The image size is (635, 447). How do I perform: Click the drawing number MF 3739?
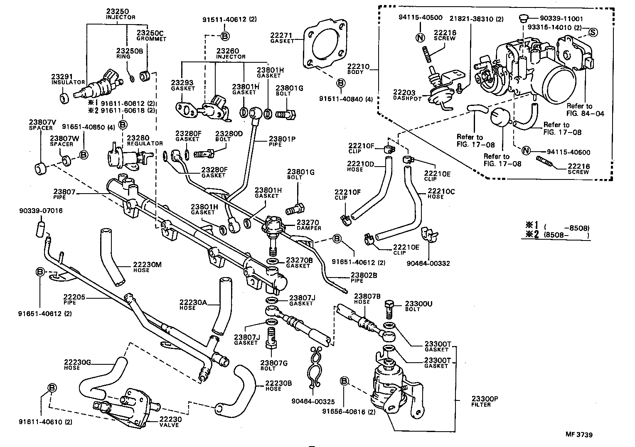click(x=578, y=435)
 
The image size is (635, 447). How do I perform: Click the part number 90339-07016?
click(x=41, y=211)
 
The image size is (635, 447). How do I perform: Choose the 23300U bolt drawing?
click(x=389, y=310)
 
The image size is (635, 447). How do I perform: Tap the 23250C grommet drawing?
click(x=145, y=77)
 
